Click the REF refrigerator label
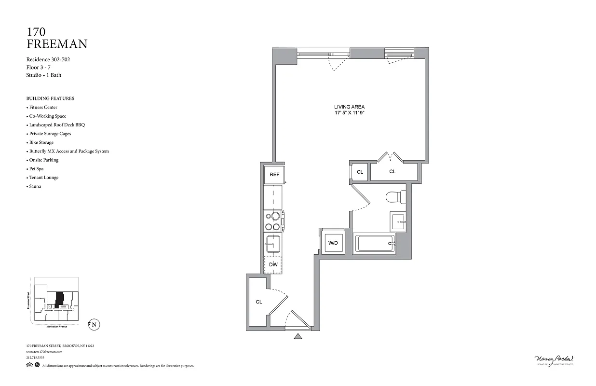[274, 175]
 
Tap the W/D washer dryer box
[333, 243]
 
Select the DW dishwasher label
[273, 264]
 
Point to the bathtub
[375, 244]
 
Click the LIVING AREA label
[349, 107]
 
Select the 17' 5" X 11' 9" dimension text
[349, 113]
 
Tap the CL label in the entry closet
[259, 302]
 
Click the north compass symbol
[93, 325]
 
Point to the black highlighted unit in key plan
[60, 299]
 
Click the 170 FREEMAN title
[56, 38]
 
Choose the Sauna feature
[35, 186]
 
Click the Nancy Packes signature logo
[554, 359]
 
